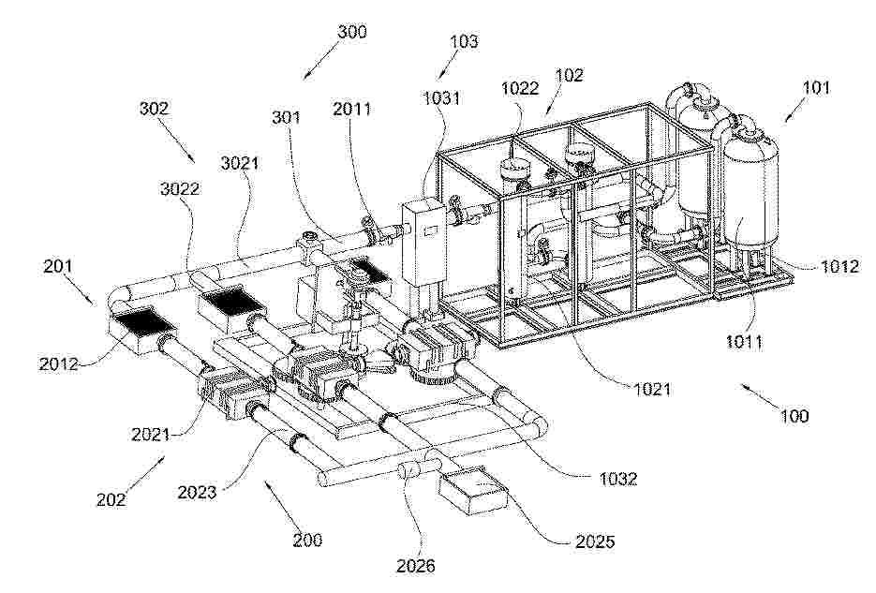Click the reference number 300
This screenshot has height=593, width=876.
(x=352, y=31)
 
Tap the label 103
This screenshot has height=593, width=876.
(x=465, y=41)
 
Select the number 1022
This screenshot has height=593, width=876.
(x=520, y=88)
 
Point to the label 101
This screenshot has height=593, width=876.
(x=816, y=87)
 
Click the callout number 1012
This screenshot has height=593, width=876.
(x=839, y=266)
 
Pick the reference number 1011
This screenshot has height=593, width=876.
(x=744, y=341)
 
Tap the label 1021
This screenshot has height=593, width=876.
(x=651, y=388)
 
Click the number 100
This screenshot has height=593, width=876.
(x=794, y=415)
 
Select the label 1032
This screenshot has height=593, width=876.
(x=618, y=478)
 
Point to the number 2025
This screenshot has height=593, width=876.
(x=594, y=541)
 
